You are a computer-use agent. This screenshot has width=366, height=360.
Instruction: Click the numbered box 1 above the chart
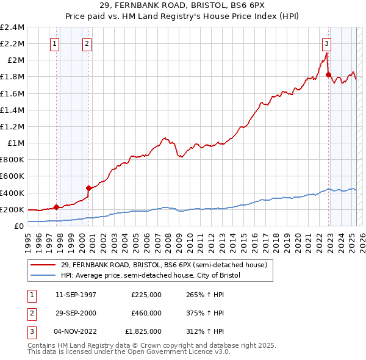pyautogui.click(x=56, y=43)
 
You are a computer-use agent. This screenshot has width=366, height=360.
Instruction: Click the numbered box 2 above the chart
pyautogui.click(x=87, y=43)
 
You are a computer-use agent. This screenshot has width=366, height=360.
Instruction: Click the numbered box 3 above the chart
pyautogui.click(x=327, y=43)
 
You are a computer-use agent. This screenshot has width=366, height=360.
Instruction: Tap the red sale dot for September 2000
pyautogui.click(x=88, y=188)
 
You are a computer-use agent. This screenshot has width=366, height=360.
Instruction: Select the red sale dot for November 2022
pyautogui.click(x=328, y=75)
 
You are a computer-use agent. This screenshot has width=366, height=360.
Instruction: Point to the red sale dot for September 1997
pyautogui.click(x=56, y=207)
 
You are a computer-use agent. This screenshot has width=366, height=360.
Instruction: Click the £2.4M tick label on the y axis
pyautogui.click(x=12, y=27)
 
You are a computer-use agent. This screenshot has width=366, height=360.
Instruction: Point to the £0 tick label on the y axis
pyautogui.click(x=20, y=226)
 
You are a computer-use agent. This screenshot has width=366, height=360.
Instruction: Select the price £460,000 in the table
pyautogui.click(x=146, y=313)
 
